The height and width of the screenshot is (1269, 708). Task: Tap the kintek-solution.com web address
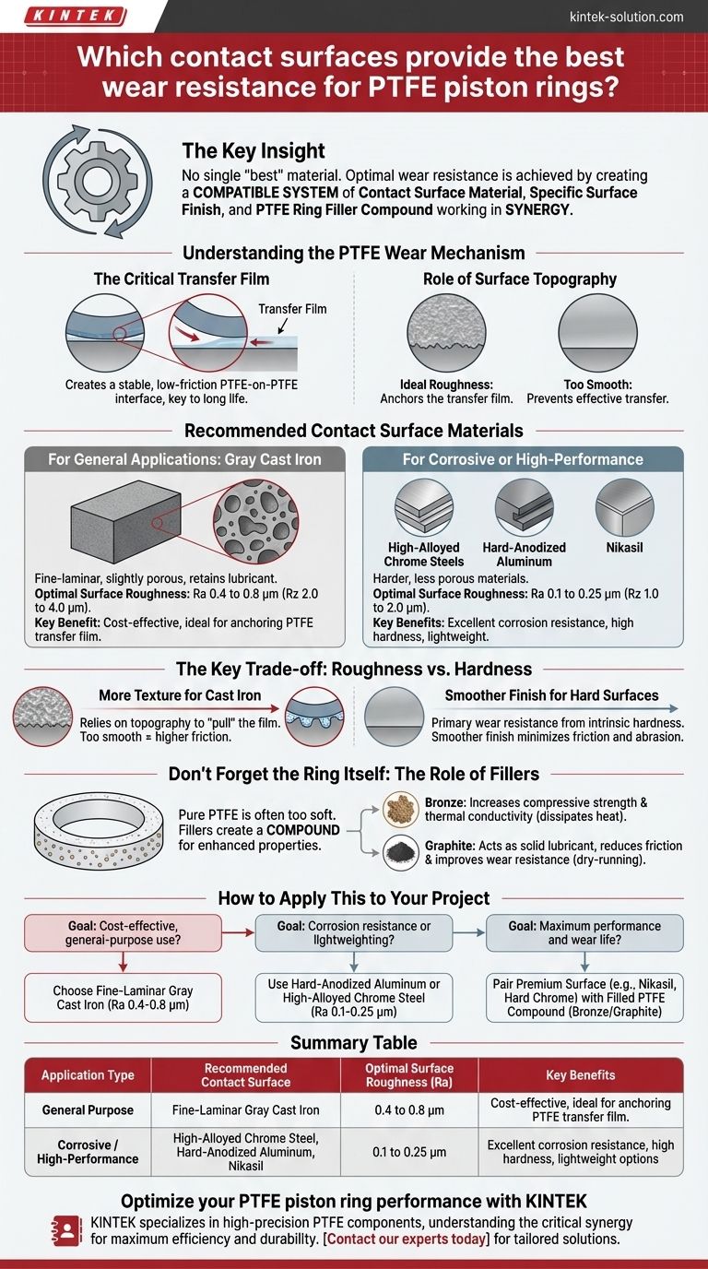[627, 17]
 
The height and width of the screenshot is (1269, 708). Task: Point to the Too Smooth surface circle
[598, 334]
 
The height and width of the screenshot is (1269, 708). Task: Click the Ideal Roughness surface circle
[446, 334]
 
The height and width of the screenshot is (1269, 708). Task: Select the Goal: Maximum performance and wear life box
[584, 932]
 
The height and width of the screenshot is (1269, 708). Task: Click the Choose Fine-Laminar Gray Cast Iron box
[123, 997]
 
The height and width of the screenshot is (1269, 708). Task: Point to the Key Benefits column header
[580, 1074]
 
